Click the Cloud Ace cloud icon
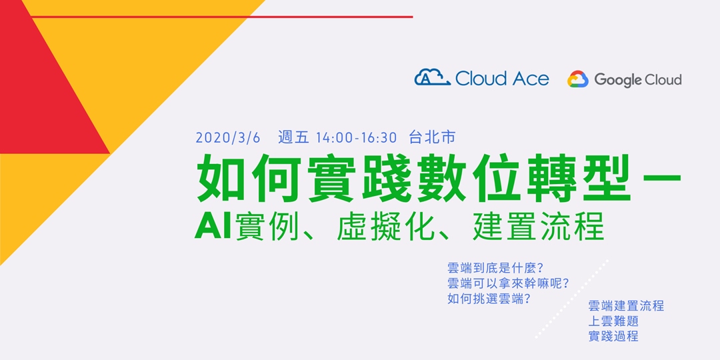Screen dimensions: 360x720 (x=432, y=78)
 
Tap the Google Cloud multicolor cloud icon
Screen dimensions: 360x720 (x=577, y=80)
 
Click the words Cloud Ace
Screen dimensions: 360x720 (x=502, y=79)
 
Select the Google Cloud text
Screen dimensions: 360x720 (x=637, y=80)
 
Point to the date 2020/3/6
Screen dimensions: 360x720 (x=228, y=138)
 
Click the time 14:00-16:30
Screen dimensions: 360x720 (x=357, y=138)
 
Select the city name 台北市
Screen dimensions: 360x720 (x=432, y=138)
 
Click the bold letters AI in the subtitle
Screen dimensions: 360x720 (x=213, y=225)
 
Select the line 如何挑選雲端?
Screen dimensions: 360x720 (x=489, y=299)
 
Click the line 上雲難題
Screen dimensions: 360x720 (x=613, y=321)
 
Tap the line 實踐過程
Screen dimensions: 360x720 (x=613, y=336)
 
